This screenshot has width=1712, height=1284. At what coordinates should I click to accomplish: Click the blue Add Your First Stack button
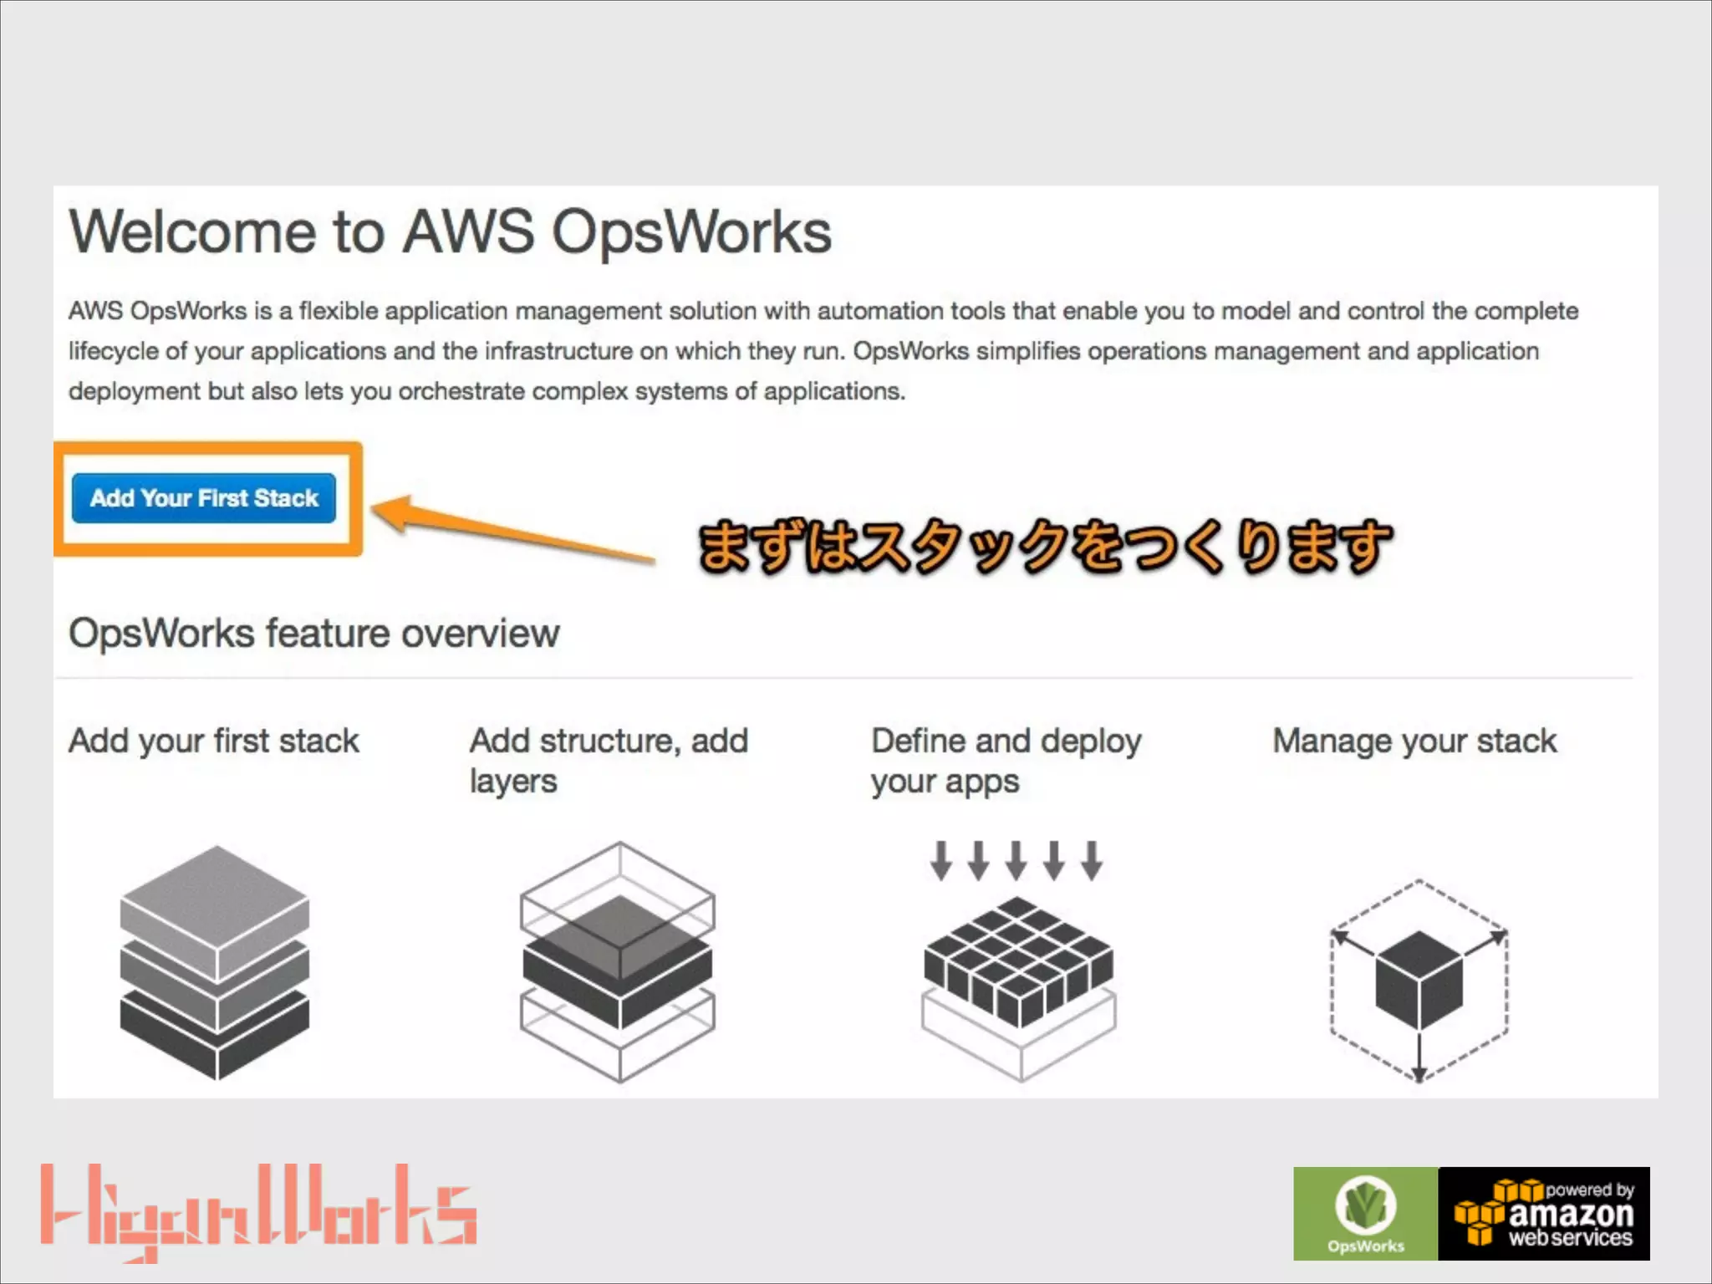point(204,498)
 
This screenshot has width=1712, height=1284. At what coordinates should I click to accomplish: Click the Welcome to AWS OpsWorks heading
point(450,232)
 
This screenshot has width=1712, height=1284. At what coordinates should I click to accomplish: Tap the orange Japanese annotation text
point(1045,547)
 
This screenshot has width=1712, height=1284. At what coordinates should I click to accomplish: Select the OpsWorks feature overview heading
point(313,634)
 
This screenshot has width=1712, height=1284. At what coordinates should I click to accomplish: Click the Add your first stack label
point(214,741)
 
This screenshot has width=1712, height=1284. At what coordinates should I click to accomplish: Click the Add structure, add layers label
point(609,761)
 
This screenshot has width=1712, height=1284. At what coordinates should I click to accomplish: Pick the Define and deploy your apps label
point(1006,761)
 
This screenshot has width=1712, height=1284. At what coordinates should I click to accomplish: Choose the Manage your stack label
point(1414,741)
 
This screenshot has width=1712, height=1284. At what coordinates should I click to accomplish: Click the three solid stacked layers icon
point(215,962)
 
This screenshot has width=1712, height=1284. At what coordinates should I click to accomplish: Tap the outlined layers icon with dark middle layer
point(618,962)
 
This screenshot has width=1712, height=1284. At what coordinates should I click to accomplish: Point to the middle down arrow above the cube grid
point(1016,861)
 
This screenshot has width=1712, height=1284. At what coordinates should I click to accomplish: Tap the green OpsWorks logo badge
point(1365,1213)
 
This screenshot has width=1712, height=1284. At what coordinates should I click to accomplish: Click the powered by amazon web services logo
point(1544,1213)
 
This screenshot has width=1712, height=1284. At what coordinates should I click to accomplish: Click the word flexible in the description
point(338,311)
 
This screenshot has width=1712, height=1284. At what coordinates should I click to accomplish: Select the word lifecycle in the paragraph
point(114,351)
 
